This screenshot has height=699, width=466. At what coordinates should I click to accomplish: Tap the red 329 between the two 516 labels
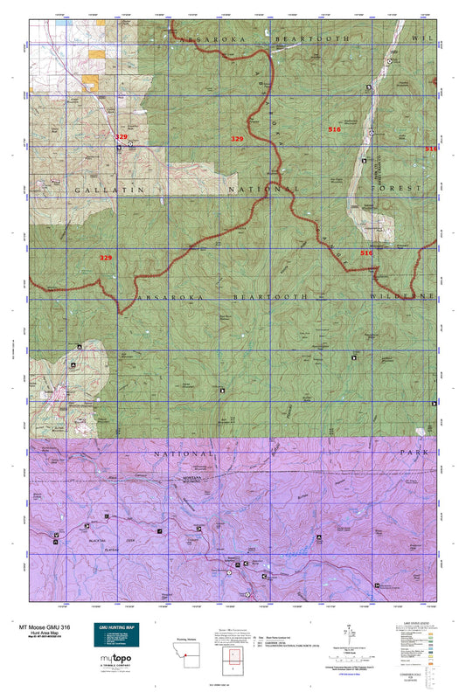click(x=237, y=139)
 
